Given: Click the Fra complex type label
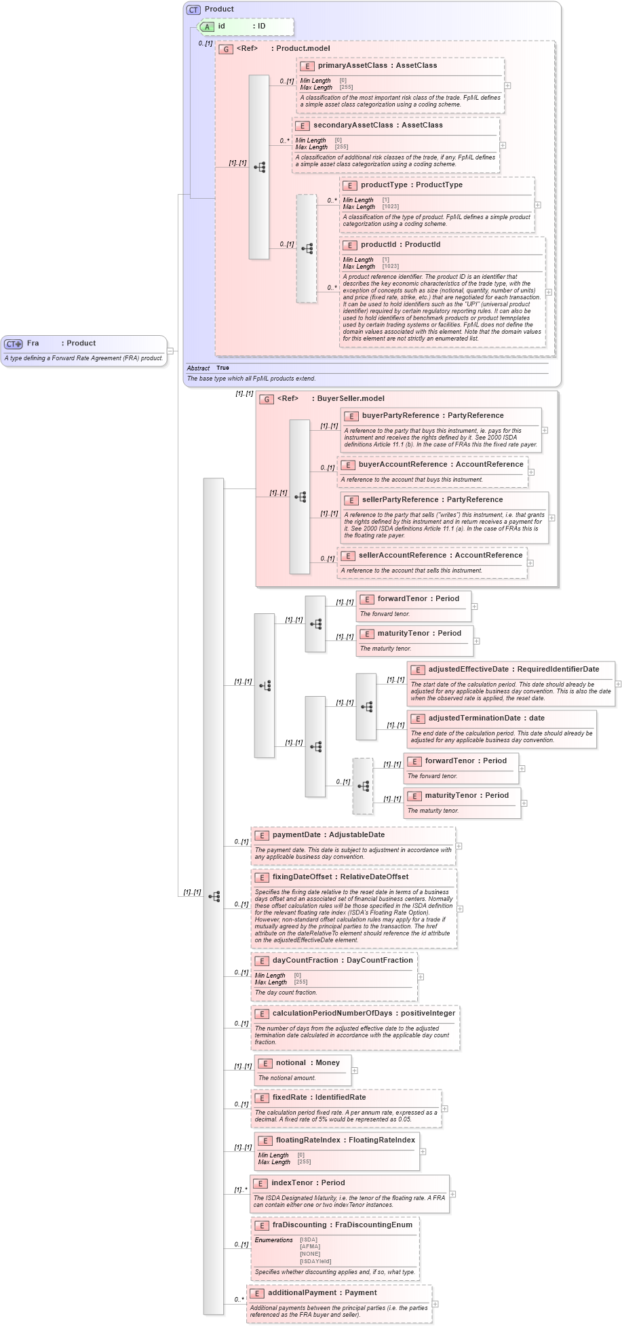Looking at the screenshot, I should point(33,343).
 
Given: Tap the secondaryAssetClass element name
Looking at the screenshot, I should point(353,126).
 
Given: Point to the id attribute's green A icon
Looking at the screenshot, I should point(208,26).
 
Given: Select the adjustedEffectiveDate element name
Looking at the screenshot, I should point(468,670).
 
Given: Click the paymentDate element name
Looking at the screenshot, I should point(296,835).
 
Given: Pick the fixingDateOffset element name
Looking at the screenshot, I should point(302,877).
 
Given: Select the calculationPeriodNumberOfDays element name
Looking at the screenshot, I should point(332,1014).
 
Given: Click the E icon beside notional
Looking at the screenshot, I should point(265,1064).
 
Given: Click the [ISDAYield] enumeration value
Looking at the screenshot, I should point(315,1261).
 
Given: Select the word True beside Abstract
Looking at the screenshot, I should point(222,368).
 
